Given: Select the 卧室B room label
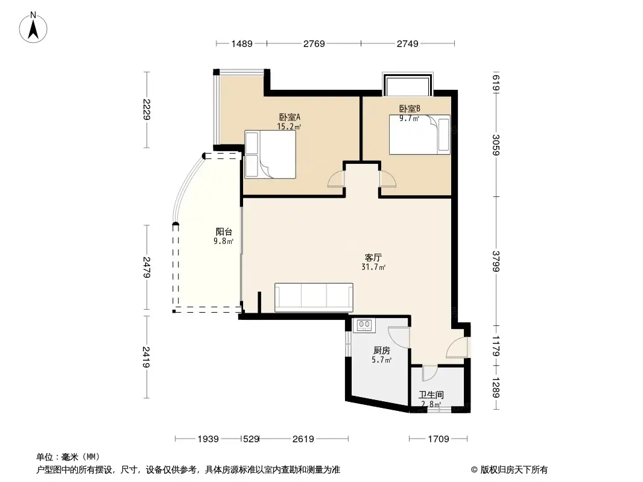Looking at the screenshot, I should pyautogui.click(x=410, y=109).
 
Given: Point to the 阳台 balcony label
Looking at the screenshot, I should pyautogui.click(x=224, y=231).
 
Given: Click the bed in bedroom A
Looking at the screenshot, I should pyautogui.click(x=270, y=155).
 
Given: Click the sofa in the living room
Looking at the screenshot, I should pyautogui.click(x=314, y=297).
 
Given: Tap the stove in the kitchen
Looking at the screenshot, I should pyautogui.click(x=364, y=325).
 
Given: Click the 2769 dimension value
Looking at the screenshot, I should pyautogui.click(x=314, y=43).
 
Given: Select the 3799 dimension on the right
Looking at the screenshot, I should pyautogui.click(x=496, y=261).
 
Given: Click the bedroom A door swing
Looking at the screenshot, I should pyautogui.click(x=335, y=180).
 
